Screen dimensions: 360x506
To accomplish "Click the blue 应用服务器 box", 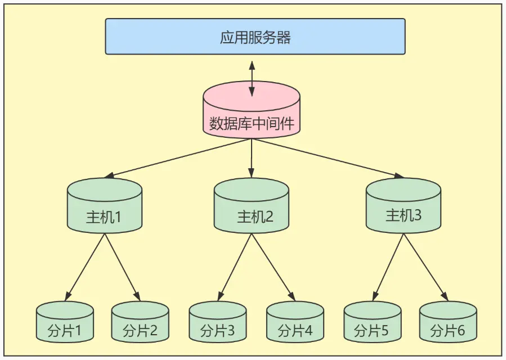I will [x=255, y=37].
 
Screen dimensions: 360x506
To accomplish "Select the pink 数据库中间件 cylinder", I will [x=252, y=115].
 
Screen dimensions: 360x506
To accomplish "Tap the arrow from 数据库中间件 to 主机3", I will [x=326, y=158].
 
